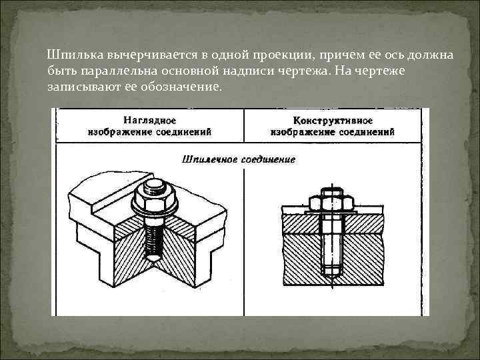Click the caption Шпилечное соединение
pos(238,160)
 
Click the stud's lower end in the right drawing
pos(332,270)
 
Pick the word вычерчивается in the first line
pos(139,55)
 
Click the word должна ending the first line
pos(434,55)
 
